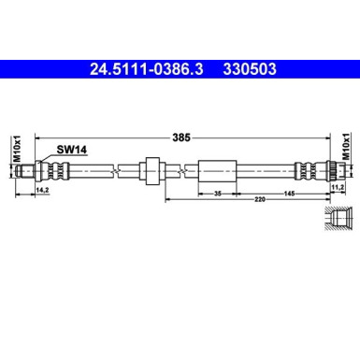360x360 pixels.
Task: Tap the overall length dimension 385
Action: pos(180,137)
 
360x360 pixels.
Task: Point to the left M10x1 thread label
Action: pos(15,153)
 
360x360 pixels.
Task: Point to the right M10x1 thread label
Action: pos(346,153)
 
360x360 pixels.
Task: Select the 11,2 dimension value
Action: pos(340,188)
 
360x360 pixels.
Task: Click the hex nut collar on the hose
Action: pos(151,171)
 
